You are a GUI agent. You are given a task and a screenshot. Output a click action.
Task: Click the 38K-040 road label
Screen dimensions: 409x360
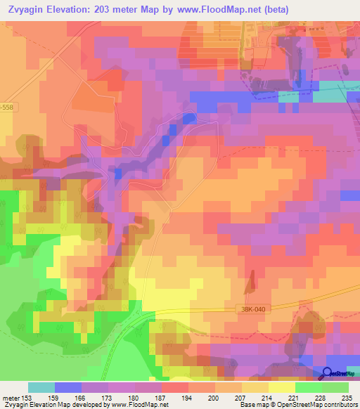(x=250, y=308)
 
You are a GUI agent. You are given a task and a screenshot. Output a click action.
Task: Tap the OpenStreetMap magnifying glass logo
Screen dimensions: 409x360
(x=328, y=373)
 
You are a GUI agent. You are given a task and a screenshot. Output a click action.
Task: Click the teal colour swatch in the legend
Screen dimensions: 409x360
(x=41, y=387)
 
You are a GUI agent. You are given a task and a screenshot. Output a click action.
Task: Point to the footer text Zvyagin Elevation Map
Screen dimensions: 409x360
(x=35, y=405)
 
